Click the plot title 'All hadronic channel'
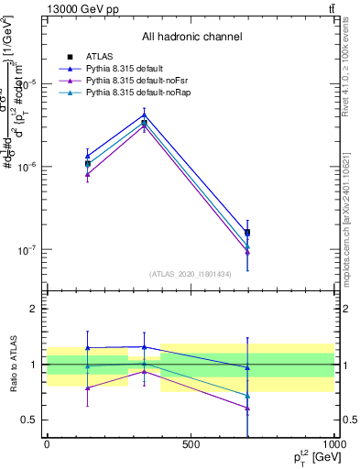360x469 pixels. tap(191, 37)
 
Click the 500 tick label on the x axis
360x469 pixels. tap(191, 444)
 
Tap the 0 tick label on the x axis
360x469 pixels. tap(47, 444)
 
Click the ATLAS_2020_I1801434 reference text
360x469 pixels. tap(191, 274)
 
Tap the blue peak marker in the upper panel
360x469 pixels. tap(144, 114)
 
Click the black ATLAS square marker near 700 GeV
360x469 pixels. tap(247, 233)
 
